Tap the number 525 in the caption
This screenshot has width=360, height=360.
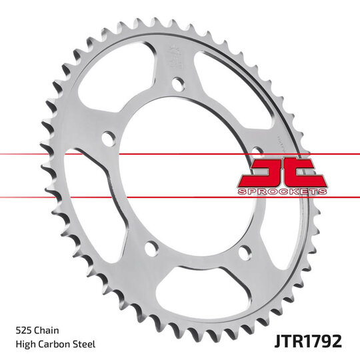click(x=25, y=330)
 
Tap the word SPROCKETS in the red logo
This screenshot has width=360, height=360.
click(x=282, y=191)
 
